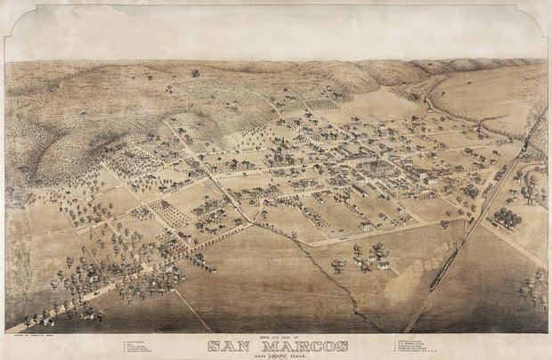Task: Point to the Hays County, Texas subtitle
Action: [276, 355]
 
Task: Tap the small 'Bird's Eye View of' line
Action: [275, 338]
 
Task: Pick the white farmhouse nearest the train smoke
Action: [383, 265]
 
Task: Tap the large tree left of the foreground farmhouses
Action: [338, 264]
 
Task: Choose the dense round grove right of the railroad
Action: [506, 217]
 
